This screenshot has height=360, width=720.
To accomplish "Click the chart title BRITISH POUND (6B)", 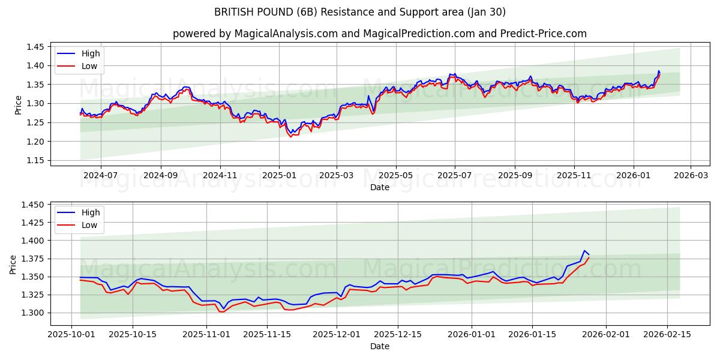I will coord(359,12).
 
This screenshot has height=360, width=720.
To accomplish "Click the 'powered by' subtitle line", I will coord(379,34).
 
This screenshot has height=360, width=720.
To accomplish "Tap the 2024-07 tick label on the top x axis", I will coord(100,175).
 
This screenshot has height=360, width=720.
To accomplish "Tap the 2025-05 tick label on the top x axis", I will coord(395,175).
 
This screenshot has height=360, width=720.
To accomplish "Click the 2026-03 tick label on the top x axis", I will coord(690,175).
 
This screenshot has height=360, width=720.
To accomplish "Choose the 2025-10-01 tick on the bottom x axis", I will coord(72,334).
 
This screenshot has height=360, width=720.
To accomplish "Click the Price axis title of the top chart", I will coord(18,104).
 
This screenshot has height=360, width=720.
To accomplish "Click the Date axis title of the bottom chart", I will coord(379,346).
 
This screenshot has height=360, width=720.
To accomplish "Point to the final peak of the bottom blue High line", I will coord(584,251).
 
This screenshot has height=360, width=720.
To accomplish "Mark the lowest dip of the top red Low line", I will coord(291,137).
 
